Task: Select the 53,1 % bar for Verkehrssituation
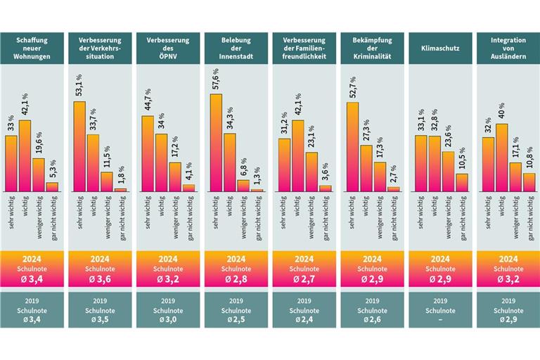79,146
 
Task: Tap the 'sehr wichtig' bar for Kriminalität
352,147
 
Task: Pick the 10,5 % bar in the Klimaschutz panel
461,182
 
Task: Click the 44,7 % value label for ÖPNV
148,101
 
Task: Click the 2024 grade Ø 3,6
100,280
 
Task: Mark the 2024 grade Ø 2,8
236,280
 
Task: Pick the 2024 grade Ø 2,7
304,280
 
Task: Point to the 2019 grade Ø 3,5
100,321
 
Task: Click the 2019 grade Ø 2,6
373,321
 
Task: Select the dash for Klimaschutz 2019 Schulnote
440,321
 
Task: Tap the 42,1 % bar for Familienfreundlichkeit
297,156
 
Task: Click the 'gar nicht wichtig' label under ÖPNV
188,214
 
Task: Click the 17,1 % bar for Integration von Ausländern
515,176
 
